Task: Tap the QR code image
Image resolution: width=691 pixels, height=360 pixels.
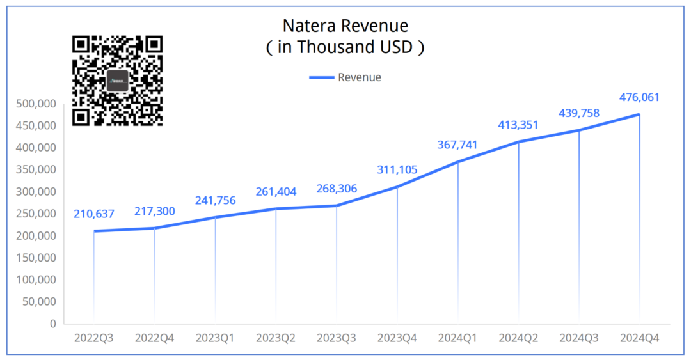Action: (x=117, y=81)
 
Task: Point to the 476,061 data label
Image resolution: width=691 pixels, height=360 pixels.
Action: (x=639, y=98)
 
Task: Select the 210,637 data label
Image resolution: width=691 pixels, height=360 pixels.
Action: (x=94, y=214)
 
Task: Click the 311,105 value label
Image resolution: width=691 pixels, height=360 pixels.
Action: (x=397, y=169)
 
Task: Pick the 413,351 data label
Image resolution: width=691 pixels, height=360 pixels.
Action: (x=518, y=125)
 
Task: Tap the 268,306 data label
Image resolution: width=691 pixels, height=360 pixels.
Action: (x=337, y=189)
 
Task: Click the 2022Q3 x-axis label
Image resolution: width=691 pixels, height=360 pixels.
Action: (x=94, y=337)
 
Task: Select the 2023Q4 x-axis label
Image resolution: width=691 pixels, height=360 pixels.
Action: (x=397, y=337)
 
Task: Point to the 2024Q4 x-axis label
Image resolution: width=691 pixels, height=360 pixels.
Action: (x=639, y=337)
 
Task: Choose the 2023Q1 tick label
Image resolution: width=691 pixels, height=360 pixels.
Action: (x=215, y=337)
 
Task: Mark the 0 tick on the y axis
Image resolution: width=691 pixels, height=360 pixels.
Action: (x=52, y=324)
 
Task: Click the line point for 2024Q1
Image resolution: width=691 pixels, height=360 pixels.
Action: (x=458, y=162)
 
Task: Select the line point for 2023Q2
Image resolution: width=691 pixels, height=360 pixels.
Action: (x=276, y=208)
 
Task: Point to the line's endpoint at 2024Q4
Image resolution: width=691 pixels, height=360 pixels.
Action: (x=639, y=114)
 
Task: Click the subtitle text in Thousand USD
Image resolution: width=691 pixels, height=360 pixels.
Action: (x=345, y=47)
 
